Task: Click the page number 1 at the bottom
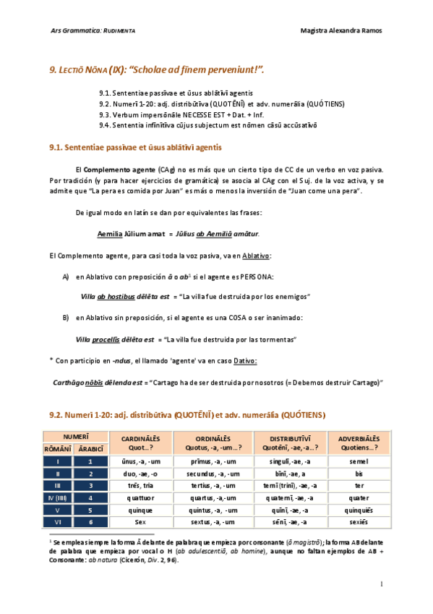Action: coord(381,584)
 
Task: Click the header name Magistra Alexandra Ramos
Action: coord(340,30)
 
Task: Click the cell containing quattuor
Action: coord(141,497)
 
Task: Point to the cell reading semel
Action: coord(359,460)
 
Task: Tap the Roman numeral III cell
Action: coord(57,485)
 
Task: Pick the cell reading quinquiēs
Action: coord(359,510)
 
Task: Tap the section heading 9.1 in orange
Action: coord(135,146)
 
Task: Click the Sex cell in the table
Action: coord(141,522)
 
